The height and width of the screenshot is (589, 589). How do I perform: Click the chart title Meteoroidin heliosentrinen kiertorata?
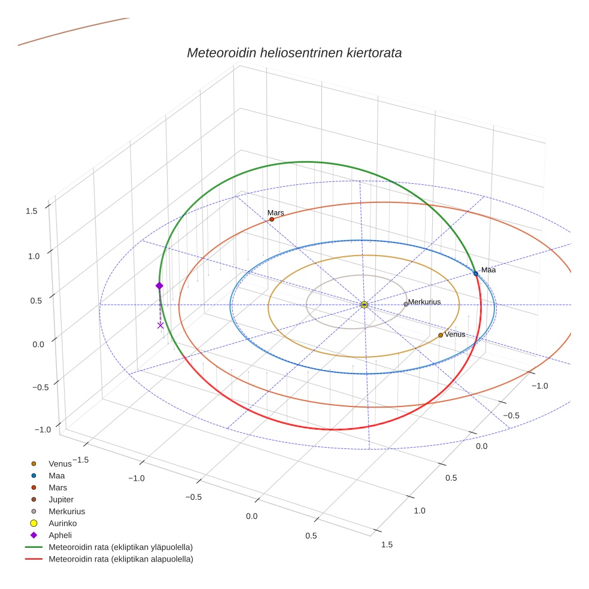coord(294,53)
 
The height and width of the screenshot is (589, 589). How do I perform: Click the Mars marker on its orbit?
coord(272,219)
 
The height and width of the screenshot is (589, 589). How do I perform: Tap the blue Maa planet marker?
coord(476,274)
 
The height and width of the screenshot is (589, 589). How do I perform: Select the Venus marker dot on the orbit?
coord(441,335)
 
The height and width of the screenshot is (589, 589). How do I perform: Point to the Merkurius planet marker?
coord(406,304)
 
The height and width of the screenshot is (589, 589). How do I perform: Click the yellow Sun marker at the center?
coord(364,305)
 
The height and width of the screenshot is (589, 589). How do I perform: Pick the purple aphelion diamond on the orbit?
coord(159,286)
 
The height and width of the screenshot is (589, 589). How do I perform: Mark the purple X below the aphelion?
coord(160,325)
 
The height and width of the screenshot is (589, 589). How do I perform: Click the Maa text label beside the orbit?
coord(488,270)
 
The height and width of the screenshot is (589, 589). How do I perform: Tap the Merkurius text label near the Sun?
coord(424,302)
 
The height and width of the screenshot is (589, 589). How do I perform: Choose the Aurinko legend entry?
coord(62,523)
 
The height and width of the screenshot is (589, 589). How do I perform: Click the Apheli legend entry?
coord(60,535)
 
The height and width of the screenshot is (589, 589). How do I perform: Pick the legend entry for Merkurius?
coord(66,511)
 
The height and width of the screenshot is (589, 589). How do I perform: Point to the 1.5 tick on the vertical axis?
coord(32,211)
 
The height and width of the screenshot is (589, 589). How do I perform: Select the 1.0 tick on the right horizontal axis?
coord(419,511)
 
